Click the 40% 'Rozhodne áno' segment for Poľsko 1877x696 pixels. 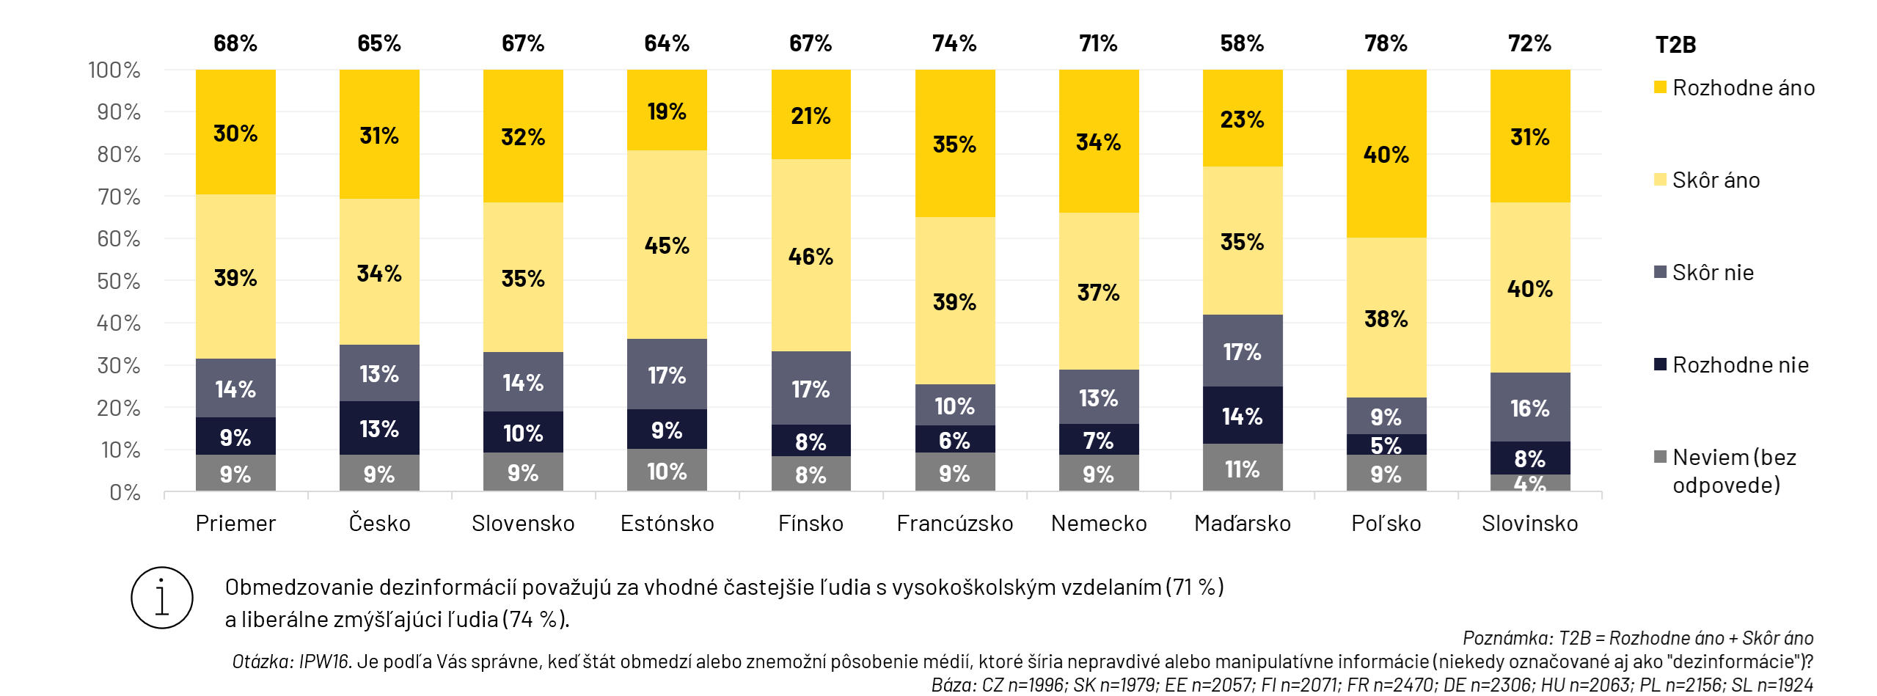coord(1386,154)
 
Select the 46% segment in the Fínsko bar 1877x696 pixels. coord(811,255)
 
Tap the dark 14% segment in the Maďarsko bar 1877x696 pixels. coord(1242,415)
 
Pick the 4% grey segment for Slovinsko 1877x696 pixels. coord(1529,483)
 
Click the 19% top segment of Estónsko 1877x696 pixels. coord(666,111)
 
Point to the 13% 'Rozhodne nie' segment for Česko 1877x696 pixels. coord(378,428)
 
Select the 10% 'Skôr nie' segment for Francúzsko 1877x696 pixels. coord(954,405)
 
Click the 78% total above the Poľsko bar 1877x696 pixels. coord(1386,43)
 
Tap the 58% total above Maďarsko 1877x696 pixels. coord(1242,43)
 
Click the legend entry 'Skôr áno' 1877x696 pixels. coord(1715,180)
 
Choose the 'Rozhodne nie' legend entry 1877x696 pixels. coord(1739,365)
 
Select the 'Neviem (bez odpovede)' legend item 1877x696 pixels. coord(1733,471)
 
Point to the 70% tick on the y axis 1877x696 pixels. coord(119,197)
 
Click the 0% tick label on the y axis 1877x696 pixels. coord(125,492)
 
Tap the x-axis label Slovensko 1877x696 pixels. coord(523,524)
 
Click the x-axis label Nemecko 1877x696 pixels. coord(1098,524)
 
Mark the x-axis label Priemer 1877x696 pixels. coord(235,524)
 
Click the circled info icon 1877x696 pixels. coord(162,598)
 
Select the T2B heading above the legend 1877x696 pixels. coord(1675,45)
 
